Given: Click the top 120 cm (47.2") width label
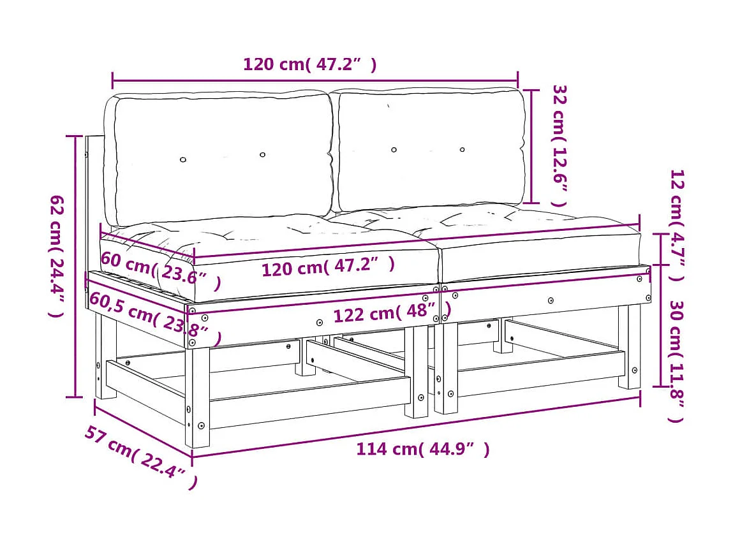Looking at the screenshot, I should (309, 64).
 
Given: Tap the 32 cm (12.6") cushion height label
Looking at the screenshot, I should (559, 145).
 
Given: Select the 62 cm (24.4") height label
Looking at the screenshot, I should (57, 255).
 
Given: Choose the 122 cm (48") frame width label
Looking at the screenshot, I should (392, 312).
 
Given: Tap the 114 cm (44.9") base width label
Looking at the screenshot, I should (422, 449).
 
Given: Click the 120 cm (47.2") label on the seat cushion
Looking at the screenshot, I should (328, 266).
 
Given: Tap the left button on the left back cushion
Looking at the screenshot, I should (183, 159).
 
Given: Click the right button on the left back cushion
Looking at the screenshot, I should (262, 155).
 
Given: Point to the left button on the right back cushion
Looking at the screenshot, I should (394, 150).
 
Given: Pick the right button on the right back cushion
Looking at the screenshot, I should (463, 150).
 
